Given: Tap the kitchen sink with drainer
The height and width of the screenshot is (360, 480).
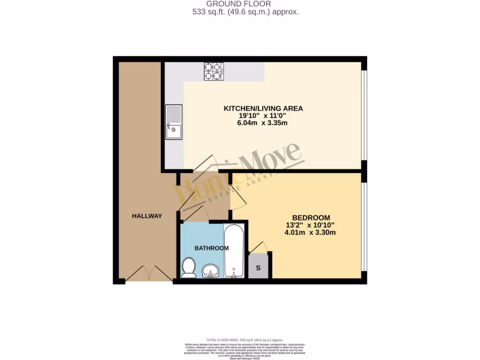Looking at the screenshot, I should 173,122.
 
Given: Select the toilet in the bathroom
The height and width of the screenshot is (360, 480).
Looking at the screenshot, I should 188,268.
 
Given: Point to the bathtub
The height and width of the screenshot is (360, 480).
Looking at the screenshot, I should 233,252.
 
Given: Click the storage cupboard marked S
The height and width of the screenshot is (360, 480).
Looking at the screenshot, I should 258,268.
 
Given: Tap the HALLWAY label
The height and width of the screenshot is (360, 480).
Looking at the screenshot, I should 147,216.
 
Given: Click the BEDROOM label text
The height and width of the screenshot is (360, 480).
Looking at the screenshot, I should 311,217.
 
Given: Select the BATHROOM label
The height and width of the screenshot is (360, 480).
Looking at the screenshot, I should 211,248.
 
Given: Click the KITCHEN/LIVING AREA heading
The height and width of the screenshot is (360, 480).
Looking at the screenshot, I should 263,108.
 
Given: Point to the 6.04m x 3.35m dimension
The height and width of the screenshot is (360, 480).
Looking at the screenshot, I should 262,123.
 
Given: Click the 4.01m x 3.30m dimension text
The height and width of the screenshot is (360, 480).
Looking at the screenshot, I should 310,232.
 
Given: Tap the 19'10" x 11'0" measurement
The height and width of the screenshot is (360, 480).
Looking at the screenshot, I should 262,116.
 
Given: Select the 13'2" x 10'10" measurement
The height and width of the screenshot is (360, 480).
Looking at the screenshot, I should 310,225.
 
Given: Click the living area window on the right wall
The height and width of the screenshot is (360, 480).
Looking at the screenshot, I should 365,115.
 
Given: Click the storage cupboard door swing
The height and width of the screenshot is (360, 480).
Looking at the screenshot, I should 258,247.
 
